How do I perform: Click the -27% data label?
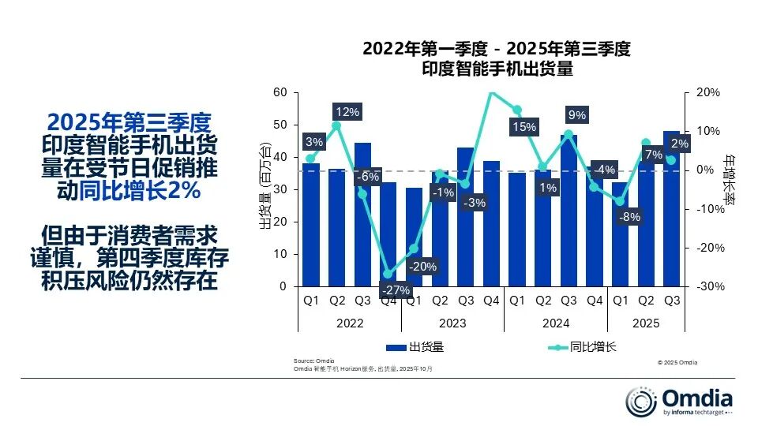click(x=397, y=290)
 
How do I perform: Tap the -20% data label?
click(x=423, y=267)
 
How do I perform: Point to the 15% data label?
click(x=523, y=127)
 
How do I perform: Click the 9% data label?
click(x=577, y=115)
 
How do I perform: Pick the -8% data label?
click(x=629, y=217)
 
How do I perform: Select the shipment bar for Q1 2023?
click(x=414, y=237)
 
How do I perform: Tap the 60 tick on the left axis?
click(x=280, y=92)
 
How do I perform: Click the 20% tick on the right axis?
click(x=708, y=92)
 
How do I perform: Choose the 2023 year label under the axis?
click(x=452, y=323)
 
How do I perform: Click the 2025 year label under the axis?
click(x=645, y=323)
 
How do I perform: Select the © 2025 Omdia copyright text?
click(x=677, y=363)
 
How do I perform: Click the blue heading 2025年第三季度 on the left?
click(x=129, y=124)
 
